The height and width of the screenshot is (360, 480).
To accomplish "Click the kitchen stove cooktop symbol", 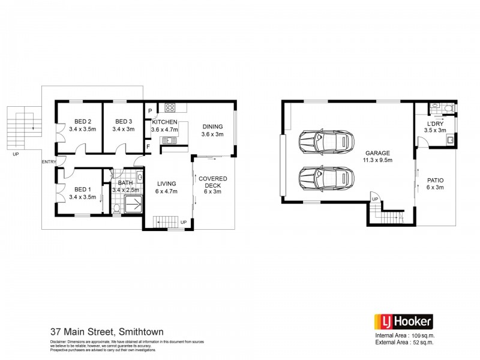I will point(170,109).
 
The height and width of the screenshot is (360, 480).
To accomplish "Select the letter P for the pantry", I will point(149,111).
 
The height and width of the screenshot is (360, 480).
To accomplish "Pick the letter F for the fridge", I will point(149,146).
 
